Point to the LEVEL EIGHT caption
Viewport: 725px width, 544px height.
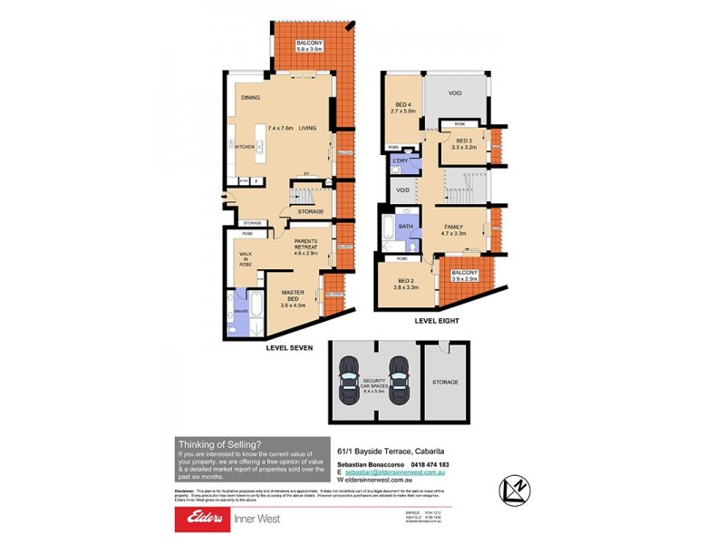(x=437, y=321)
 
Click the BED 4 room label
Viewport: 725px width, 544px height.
(x=400, y=106)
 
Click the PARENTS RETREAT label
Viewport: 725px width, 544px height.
(x=311, y=247)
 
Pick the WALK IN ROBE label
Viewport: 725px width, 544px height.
(x=245, y=259)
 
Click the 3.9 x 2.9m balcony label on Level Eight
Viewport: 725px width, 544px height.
(x=465, y=276)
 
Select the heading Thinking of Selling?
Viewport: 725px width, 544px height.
(x=218, y=442)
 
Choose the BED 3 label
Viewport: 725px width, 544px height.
(x=464, y=141)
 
